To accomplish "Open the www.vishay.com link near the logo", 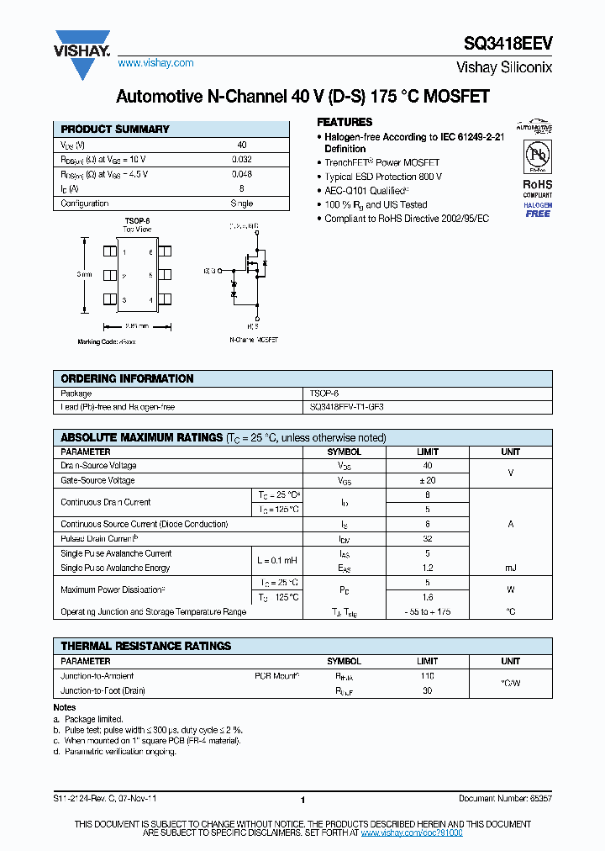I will coord(155,63).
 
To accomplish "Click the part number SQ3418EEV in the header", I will coord(508,45).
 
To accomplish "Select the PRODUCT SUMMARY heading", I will coord(115,129).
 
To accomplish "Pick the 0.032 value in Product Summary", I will coord(241,159).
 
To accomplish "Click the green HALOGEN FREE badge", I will coord(538,209).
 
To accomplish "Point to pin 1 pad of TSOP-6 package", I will coord(109,251).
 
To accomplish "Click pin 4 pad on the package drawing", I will coord(164,299).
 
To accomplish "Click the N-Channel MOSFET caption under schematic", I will coord(253,341).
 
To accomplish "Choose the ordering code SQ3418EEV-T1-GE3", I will coord(346,407).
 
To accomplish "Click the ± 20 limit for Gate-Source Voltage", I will coord(427,480).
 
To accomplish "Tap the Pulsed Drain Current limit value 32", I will coord(427,539).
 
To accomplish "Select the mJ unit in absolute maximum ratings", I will coord(510,568).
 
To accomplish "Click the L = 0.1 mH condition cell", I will coord(276,561).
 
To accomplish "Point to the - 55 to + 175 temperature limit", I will coord(427,612).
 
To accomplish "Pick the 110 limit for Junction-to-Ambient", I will coord(427,676).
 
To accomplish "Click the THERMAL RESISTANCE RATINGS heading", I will coord(145,646).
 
